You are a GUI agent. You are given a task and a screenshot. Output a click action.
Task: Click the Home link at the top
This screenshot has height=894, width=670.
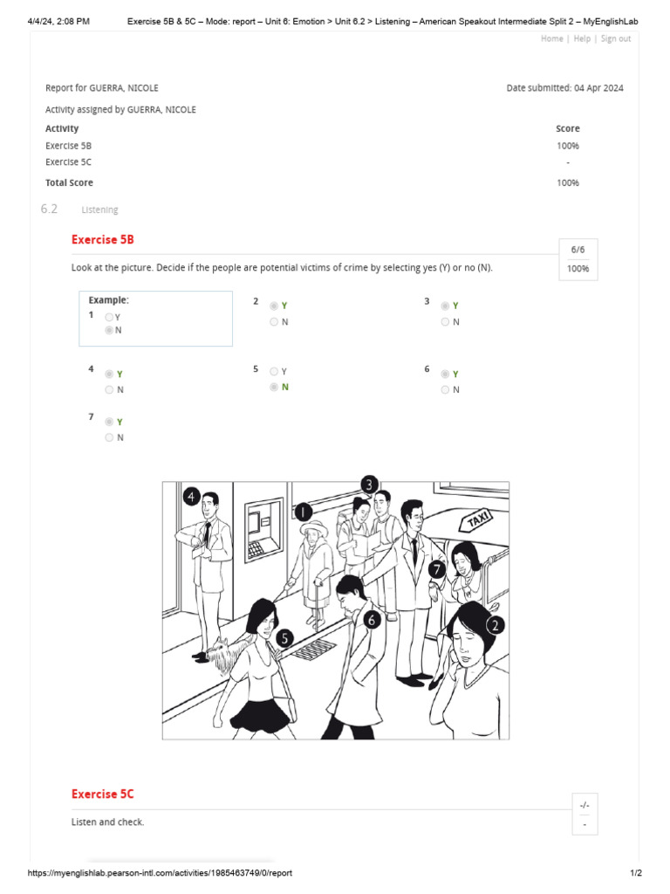click(551, 38)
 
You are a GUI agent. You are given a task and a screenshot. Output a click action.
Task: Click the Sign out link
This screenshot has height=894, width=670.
click(616, 38)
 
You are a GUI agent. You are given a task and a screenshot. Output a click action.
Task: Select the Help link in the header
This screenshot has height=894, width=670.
click(582, 38)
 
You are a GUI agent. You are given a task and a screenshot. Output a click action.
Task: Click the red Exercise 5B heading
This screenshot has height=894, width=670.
click(102, 239)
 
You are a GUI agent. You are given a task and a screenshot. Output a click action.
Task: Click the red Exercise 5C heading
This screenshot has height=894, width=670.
click(102, 794)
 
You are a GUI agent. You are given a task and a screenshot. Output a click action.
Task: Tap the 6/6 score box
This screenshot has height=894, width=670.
click(578, 250)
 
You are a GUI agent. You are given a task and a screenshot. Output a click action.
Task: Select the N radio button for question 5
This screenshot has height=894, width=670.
click(274, 387)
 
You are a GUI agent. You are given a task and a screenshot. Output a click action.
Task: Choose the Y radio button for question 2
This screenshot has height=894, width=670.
click(274, 306)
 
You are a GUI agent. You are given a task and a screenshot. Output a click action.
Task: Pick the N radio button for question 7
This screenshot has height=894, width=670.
click(109, 437)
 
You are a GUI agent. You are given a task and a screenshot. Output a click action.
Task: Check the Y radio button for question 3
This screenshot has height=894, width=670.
click(445, 306)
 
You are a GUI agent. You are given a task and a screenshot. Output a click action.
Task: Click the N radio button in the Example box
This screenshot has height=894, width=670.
click(109, 331)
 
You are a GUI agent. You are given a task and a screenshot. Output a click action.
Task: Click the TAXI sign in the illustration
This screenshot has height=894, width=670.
click(478, 520)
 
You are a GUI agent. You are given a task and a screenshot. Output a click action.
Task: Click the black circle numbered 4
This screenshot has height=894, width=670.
click(192, 497)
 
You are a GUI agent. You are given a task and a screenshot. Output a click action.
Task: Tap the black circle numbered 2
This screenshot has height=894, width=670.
click(495, 625)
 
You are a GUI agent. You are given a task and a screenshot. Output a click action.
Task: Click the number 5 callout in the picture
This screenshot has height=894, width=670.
click(284, 638)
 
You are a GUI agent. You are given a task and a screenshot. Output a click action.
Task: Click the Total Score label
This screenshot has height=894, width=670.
click(69, 183)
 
